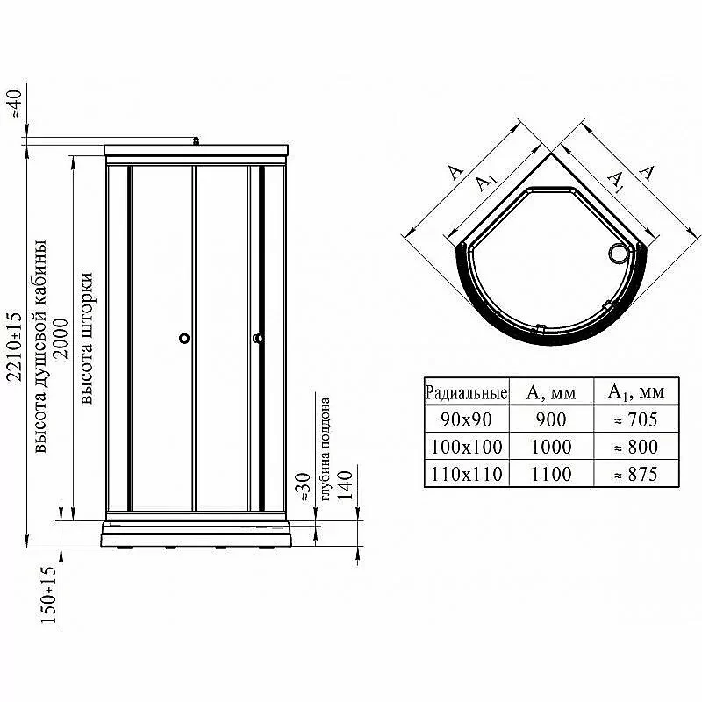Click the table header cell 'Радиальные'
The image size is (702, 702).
[x=466, y=392]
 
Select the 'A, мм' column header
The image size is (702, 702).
[x=551, y=392]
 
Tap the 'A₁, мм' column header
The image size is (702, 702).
[x=636, y=392]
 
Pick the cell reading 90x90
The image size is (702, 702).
[x=466, y=419]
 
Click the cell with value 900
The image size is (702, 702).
[x=551, y=419]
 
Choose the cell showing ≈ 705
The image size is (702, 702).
[x=636, y=419]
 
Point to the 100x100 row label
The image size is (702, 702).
[x=466, y=447]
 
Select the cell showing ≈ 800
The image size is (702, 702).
[x=636, y=447]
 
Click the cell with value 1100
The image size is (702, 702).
[x=551, y=474]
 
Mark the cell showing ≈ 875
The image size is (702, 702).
[x=636, y=474]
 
